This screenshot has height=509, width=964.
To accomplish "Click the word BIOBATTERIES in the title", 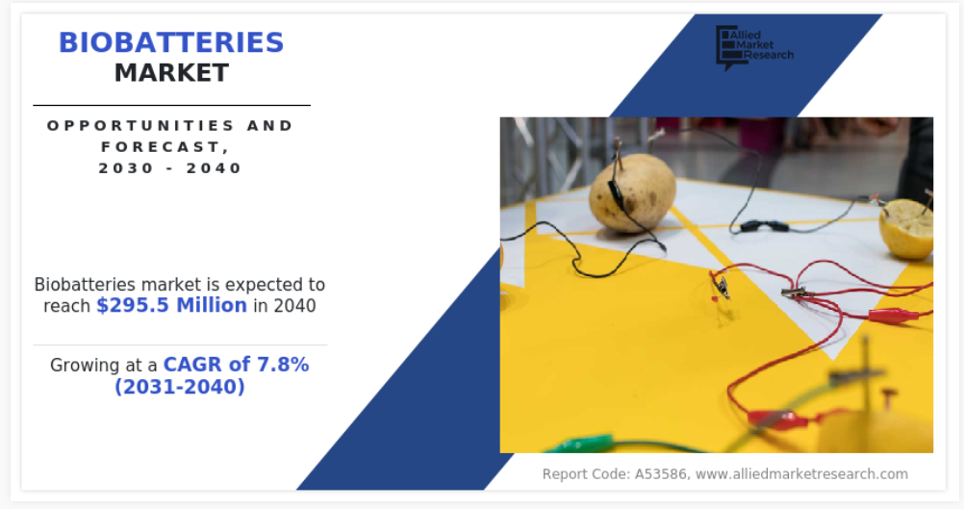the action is (171, 42).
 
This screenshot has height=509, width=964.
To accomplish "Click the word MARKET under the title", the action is (171, 73).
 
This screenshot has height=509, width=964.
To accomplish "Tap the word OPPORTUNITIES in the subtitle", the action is (140, 125).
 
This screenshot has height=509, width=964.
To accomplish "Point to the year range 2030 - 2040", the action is (170, 168).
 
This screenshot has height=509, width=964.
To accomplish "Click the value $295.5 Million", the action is (171, 306).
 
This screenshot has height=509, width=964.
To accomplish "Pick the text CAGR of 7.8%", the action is (236, 365).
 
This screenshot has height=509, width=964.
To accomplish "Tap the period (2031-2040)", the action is (180, 387).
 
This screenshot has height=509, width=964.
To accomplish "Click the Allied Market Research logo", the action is (754, 47).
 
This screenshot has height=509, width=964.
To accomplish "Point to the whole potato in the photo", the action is (633, 192).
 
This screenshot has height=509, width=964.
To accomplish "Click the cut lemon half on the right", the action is (906, 227).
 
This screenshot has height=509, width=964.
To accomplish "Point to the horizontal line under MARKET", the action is (171, 105).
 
